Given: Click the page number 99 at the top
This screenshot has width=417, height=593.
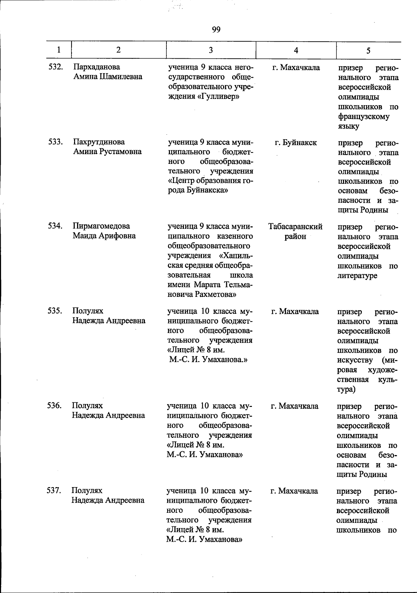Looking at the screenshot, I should (216, 30).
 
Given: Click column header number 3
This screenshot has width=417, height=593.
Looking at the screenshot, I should (211, 50).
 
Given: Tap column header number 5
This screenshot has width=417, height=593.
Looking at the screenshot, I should (368, 51).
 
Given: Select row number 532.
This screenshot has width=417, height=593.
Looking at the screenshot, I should (55, 67).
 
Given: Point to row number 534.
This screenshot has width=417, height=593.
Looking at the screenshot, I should (55, 226).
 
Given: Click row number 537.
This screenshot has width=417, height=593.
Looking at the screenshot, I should (54, 491).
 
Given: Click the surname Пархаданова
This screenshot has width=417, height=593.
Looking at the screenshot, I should (97, 67).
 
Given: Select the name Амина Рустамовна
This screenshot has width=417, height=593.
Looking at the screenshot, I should (107, 151).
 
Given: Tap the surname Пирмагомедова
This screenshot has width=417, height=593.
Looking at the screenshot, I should (101, 226).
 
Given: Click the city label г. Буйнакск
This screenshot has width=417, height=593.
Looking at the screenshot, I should (295, 142).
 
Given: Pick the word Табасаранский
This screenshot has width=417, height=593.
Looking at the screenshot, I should (295, 227).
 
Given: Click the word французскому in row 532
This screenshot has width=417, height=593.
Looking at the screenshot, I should (363, 117).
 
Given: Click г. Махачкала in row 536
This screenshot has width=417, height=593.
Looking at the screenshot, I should (294, 406).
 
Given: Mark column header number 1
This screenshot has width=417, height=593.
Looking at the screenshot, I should (58, 50).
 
